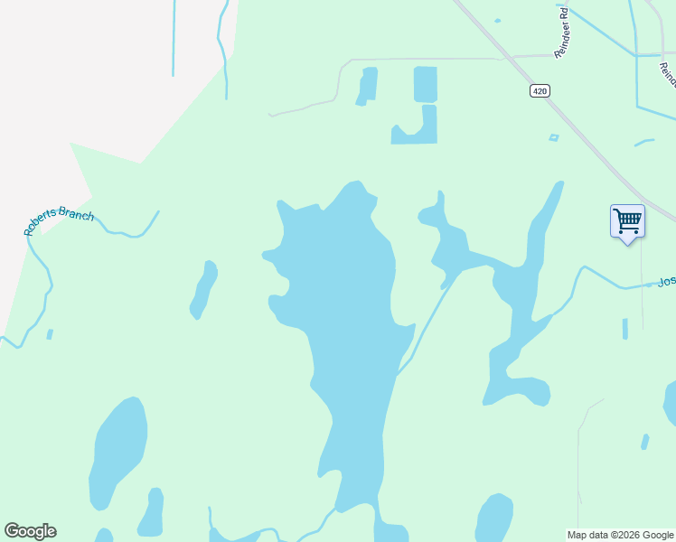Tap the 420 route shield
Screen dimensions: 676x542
coord(540,90)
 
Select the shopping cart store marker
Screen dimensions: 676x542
coord(627,221)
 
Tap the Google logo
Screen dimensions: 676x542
coord(30,531)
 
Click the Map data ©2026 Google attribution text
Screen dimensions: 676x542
coord(620,535)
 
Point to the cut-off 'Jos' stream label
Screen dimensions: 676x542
coord(666,282)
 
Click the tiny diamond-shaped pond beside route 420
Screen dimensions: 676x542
coord(554,137)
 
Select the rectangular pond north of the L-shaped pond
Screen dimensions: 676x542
coord(425,84)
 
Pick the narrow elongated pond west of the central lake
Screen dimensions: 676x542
coord(203,289)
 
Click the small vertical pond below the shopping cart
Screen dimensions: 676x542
coord(624,329)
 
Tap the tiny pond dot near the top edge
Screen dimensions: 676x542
coord(497,20)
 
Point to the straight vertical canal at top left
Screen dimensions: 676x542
coord(173,36)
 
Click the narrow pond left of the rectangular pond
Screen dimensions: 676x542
coord(367,86)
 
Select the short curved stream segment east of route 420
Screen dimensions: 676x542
coord(643,142)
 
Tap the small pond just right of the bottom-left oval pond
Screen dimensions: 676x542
coord(152,512)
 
